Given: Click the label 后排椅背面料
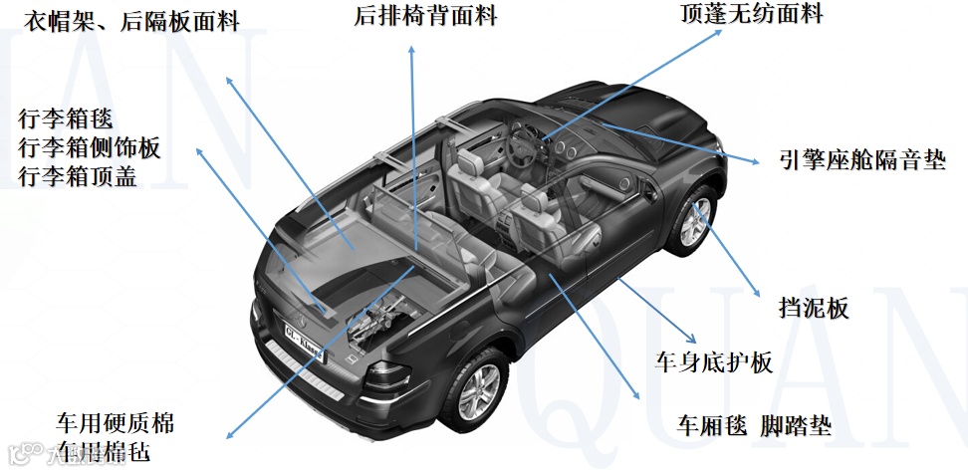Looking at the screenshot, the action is point(425,16).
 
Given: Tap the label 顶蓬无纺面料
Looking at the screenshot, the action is point(752,13).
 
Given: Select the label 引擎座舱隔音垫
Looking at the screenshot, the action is point(862,159).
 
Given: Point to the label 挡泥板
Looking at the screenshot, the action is point(813,309).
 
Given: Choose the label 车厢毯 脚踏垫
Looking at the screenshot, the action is point(754,427).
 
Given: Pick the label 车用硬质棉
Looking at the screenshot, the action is point(115,423).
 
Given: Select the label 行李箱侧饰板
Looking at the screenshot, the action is point(89,148).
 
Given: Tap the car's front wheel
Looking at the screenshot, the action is point(691,222).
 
